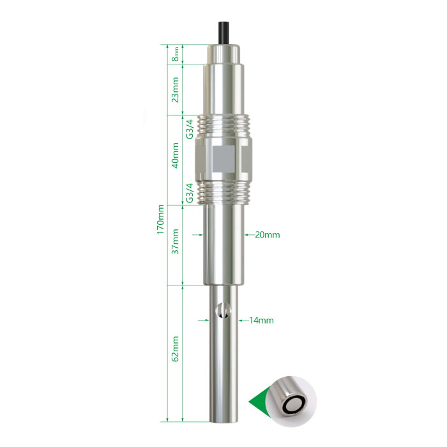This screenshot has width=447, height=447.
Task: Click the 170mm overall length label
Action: point(160,219)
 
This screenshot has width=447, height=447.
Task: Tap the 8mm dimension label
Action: point(176,54)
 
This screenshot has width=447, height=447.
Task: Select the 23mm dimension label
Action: point(176,89)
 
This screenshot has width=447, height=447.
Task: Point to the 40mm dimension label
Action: point(176,155)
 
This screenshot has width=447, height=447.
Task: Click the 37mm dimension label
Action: point(176,241)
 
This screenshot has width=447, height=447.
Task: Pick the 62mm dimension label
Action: point(176,349)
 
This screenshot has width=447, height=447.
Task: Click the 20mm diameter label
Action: point(268,235)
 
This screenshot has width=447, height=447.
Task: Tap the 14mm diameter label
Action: point(261,321)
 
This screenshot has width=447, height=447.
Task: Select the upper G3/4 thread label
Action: point(190,129)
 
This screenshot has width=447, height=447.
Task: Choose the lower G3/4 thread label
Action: point(190,193)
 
